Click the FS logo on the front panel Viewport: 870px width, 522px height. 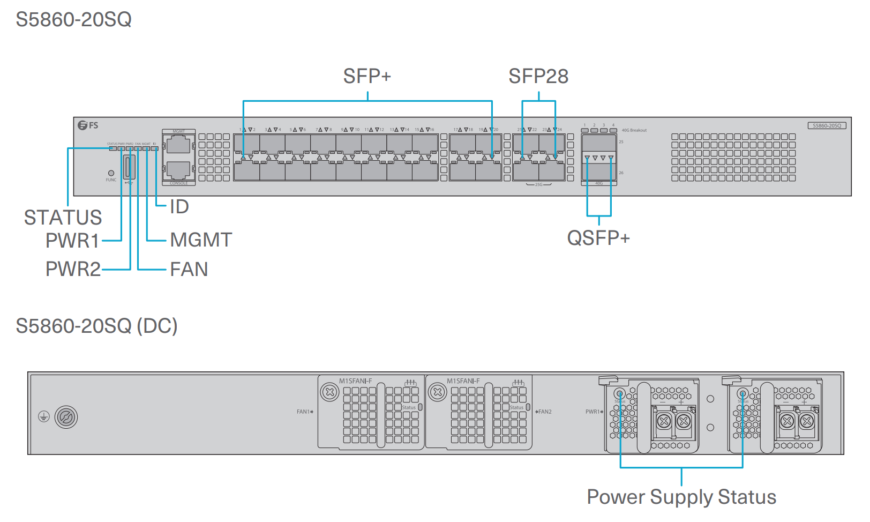(88, 125)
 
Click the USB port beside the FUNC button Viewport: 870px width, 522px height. (129, 167)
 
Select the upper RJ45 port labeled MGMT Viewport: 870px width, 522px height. (178, 144)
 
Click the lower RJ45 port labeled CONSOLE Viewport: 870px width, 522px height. (178, 170)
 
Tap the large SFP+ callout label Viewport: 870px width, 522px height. (367, 77)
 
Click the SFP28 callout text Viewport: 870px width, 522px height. (538, 77)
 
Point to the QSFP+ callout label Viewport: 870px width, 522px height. (598, 238)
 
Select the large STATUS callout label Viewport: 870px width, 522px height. (63, 218)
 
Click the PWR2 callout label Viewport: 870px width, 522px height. (73, 269)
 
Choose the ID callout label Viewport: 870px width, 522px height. (179, 207)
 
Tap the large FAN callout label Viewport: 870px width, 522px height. (189, 269)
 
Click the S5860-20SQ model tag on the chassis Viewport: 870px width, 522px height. (827, 125)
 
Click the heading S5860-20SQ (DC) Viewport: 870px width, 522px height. (96, 326)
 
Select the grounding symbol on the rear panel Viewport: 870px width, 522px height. (44, 416)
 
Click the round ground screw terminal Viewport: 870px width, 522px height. (66, 417)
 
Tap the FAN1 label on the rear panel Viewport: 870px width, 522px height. (304, 412)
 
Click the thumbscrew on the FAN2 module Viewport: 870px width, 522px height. (437, 392)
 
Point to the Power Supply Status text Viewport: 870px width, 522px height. (681, 497)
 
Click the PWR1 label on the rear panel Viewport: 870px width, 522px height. (593, 412)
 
